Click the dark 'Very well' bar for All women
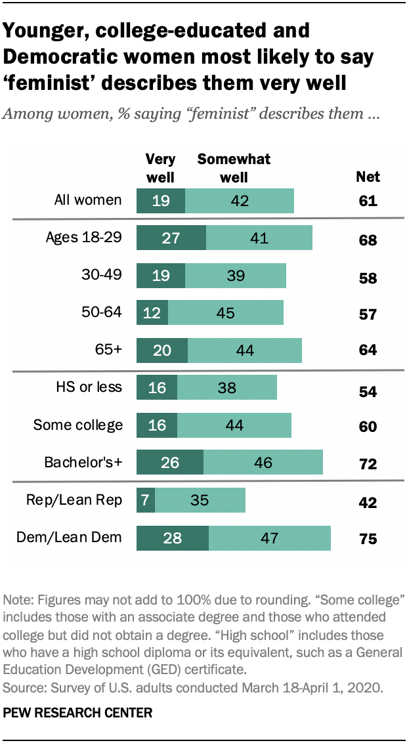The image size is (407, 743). pos(160,200)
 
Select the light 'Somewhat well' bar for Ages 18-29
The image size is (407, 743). pos(259,238)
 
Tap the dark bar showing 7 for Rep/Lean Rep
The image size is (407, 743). pos(142,500)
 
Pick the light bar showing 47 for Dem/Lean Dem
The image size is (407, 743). pos(269,538)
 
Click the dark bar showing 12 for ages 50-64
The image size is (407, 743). pos(152,312)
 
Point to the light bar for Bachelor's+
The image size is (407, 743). pos(263,462)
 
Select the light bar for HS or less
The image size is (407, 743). pos(226,387)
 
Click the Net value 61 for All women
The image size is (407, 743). pos(368,201)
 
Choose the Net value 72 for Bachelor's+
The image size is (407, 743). pos(368,464)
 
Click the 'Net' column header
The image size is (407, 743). pos(368,177)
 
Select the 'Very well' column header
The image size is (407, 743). pos(160,169)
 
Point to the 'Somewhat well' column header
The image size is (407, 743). pos(234,169)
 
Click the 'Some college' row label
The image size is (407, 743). pos(78,425)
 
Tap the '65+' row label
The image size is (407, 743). pos(108,350)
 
